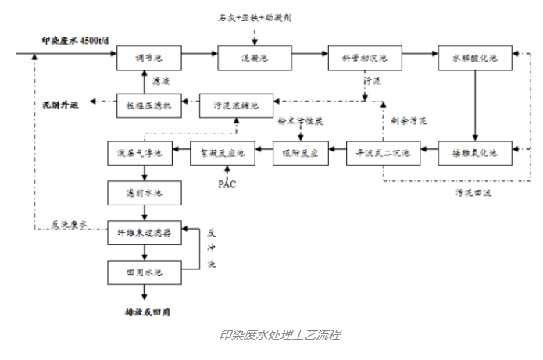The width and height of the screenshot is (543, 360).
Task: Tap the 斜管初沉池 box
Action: (x=364, y=58)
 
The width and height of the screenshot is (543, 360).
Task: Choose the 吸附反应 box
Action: (x=301, y=152)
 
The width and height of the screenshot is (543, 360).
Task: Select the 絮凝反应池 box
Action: (x=223, y=152)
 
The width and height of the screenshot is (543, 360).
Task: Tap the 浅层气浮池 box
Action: (x=144, y=152)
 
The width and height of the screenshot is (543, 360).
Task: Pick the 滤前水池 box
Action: (x=144, y=192)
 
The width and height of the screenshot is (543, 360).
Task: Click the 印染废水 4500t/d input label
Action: (x=75, y=39)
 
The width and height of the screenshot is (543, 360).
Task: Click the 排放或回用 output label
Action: (x=145, y=312)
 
